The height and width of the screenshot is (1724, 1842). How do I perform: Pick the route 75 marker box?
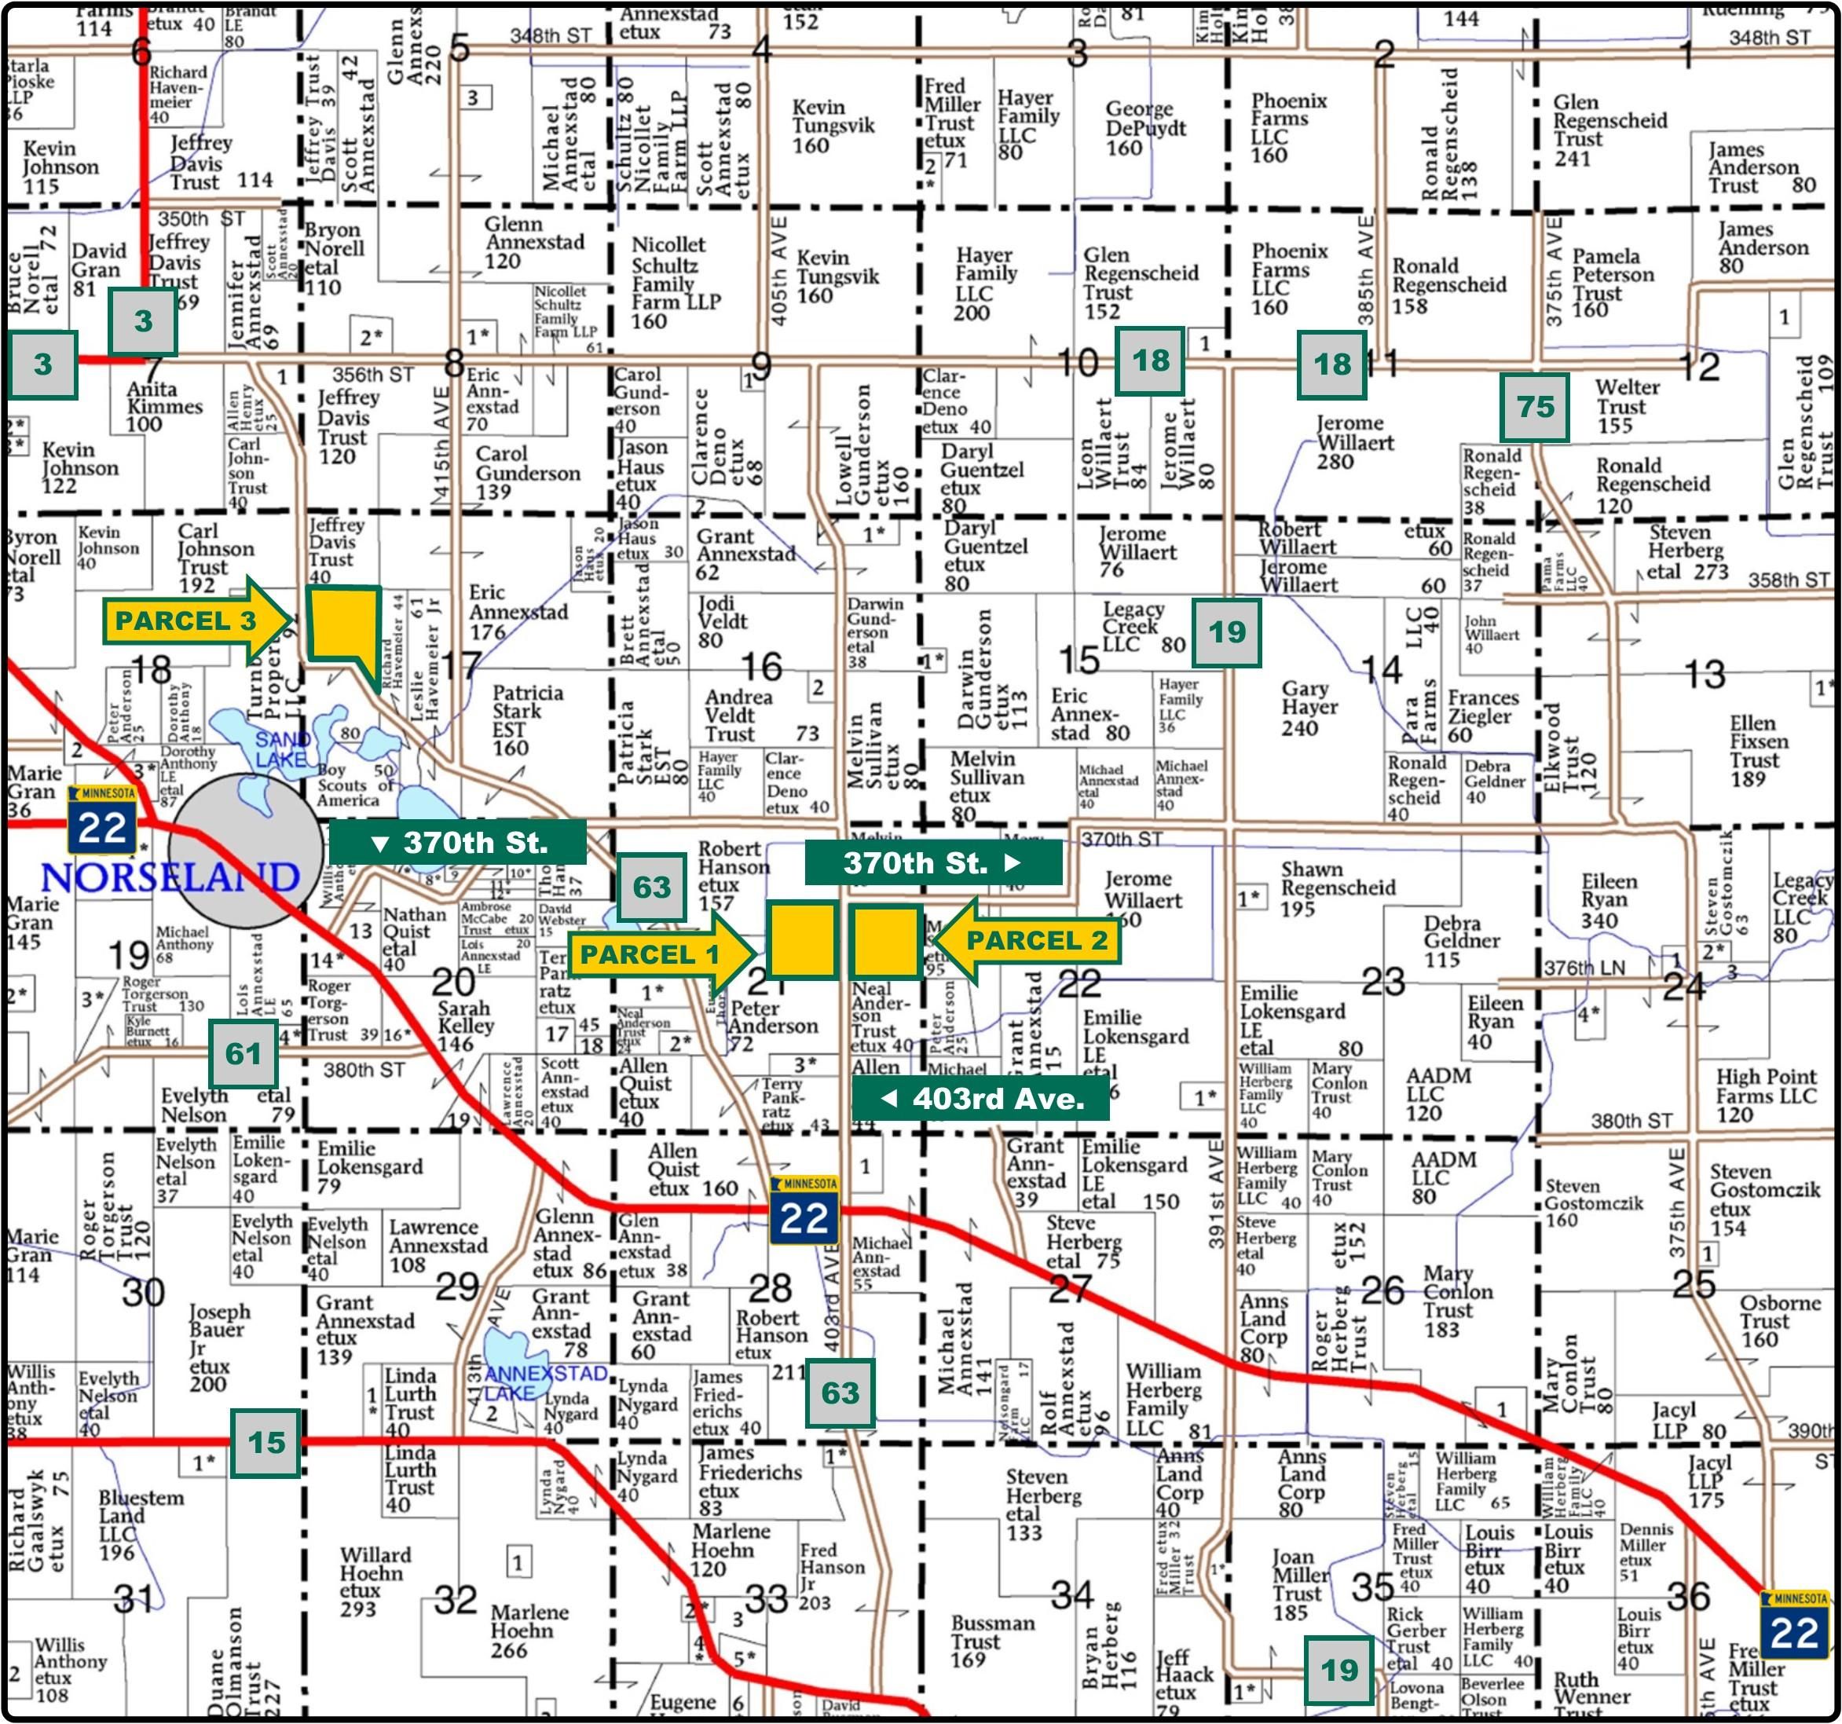pos(1534,408)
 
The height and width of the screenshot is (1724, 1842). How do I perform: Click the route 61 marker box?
pos(244,1053)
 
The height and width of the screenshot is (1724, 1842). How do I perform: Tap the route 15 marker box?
pos(266,1442)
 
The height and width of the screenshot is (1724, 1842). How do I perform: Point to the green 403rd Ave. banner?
pos(981,1100)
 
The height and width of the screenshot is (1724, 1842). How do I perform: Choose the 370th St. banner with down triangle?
pos(459,842)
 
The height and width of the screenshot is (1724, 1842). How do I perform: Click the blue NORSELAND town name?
pos(170,877)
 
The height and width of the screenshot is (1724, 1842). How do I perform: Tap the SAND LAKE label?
pos(283,749)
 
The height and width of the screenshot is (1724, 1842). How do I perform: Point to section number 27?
pos(1069,1290)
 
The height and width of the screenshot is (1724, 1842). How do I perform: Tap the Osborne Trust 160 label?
pos(1779,1321)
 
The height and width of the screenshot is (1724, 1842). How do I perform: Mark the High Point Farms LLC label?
pos(1765,1095)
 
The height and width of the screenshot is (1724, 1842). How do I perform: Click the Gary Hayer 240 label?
pos(1309,708)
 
